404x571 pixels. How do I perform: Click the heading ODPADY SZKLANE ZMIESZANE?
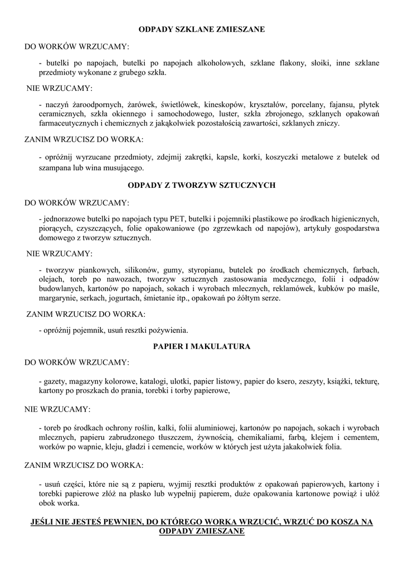(x=202, y=28)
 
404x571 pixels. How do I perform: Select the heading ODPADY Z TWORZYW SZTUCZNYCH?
(x=202, y=185)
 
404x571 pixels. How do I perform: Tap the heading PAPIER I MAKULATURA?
(x=202, y=346)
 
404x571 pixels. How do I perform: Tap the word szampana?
(x=55, y=167)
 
